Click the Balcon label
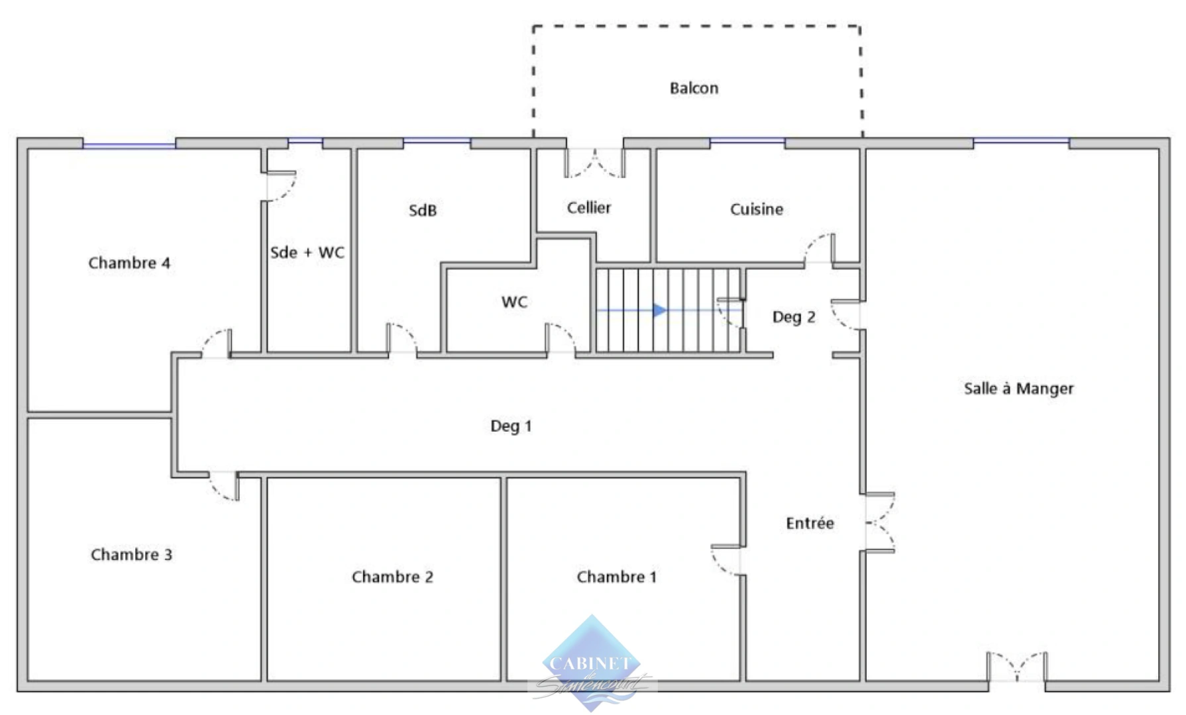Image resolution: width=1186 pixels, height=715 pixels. [x=694, y=88]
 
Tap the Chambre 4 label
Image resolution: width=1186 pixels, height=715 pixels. [x=129, y=263]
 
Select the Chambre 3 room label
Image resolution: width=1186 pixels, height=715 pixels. [x=131, y=555]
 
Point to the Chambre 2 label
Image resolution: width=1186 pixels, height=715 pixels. [x=392, y=577]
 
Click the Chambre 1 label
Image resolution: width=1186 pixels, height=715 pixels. [x=617, y=577]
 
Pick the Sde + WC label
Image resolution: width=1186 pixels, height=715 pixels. [x=307, y=252]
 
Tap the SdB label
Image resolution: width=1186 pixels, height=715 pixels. [x=423, y=211]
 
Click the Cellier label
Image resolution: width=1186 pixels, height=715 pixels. [x=589, y=208]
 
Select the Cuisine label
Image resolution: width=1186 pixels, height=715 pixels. [x=757, y=209]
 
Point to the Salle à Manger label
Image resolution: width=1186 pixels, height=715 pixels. [x=1018, y=389]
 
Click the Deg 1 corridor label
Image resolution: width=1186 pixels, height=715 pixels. [x=511, y=426]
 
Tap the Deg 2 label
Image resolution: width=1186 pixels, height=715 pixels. [x=794, y=317]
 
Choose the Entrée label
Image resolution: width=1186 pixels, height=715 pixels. [x=810, y=524]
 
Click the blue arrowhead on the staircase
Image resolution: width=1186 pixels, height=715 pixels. [x=659, y=310]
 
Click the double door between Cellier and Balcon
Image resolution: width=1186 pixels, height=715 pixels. [x=594, y=163]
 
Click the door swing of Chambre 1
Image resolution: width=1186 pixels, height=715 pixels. [x=726, y=561]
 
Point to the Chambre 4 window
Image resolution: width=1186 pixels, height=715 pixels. [x=129, y=144]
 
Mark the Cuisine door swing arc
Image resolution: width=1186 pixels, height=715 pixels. [x=819, y=248]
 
